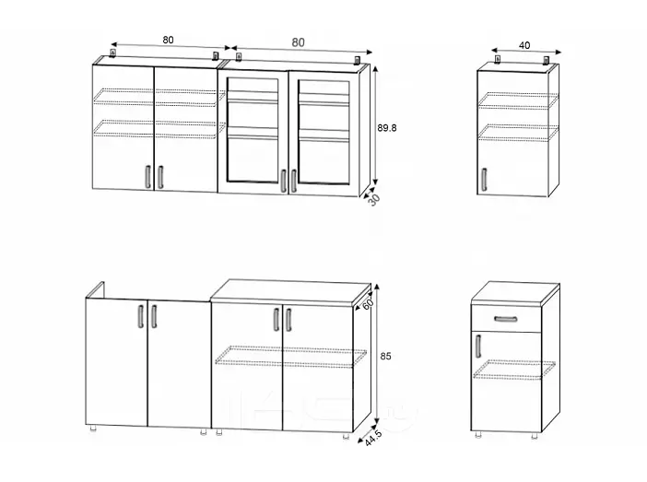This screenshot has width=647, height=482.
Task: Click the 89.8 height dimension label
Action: pos(386,128)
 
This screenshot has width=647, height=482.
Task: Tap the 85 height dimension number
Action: pos(385,356)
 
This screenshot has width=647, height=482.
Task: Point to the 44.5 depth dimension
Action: pos(374,438)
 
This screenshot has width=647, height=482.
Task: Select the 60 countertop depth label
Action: pos(368,304)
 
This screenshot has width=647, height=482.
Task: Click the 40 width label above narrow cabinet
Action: pos(524,45)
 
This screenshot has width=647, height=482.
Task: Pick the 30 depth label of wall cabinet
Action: pos(374,200)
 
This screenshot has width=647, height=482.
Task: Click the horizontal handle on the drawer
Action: pos(505,319)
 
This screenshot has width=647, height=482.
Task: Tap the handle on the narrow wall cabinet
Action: pos(484,180)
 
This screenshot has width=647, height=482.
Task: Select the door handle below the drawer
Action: pos(478,347)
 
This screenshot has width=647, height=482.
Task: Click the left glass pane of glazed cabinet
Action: pos(253,130)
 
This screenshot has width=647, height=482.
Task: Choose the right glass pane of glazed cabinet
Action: pos(323,131)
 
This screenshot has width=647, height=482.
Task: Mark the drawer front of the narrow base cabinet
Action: pos(506,320)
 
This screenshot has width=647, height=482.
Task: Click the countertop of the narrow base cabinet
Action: pos(515,294)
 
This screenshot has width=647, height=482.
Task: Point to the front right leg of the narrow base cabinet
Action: pos(535,436)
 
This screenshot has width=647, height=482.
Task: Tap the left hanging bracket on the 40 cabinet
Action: pos(498,59)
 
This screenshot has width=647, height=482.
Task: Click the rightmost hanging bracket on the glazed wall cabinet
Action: pos(358,60)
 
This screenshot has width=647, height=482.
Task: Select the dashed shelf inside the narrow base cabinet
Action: pos(514,370)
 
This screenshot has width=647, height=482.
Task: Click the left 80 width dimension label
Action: pos(168,40)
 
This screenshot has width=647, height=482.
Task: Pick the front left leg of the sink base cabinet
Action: pos(94,429)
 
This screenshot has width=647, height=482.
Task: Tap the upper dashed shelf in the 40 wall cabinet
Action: pos(518,100)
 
